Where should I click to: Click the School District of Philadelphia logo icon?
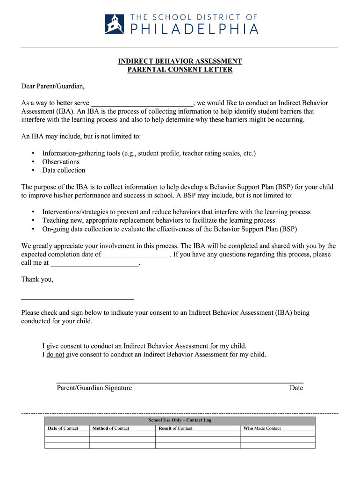coord(115,24)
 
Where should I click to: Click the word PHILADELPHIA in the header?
coord(194,29)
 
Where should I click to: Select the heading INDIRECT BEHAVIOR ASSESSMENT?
coord(180,61)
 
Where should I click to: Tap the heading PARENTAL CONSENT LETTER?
coord(180,70)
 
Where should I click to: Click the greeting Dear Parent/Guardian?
coord(53,86)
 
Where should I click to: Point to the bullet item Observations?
coord(61,162)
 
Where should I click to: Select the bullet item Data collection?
coord(64,170)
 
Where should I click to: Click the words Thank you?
coord(37,279)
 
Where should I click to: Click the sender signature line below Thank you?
coord(78,298)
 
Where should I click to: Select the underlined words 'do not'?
coord(55,355)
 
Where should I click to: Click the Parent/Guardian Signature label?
coord(94,388)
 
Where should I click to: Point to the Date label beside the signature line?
coord(296,388)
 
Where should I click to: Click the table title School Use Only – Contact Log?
coord(180,420)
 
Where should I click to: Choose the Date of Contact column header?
coord(63,428)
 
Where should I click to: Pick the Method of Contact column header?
coord(111,428)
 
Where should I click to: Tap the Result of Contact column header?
coord(175,428)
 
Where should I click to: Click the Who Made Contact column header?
coord(262,428)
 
